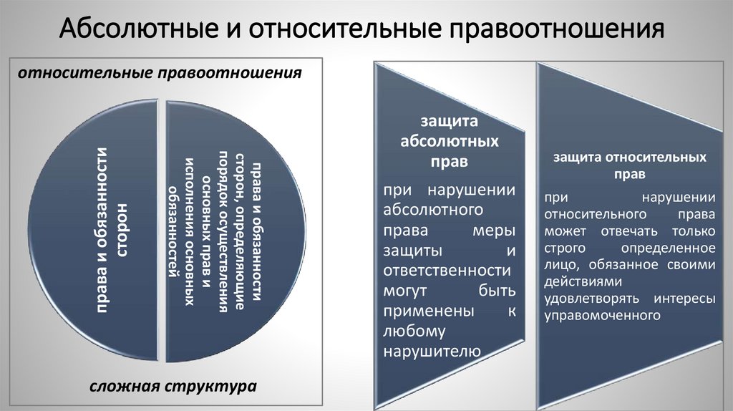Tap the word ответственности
coord(447,271)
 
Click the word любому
coord(414,331)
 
